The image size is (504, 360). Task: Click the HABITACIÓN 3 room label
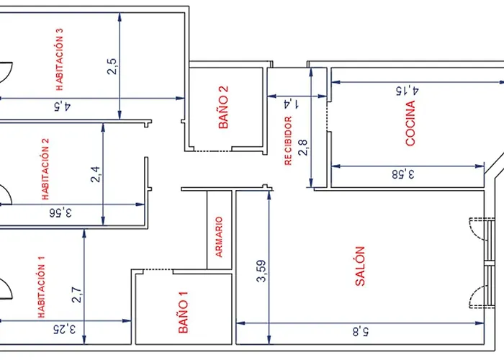point(60,60)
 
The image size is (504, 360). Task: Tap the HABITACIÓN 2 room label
point(45,169)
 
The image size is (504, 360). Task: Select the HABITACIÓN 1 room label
point(42,287)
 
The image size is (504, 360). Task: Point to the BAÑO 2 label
point(223,107)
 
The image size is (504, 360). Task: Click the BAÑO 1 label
point(183,312)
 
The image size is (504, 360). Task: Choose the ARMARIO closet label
point(219,237)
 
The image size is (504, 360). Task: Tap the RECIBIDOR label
point(288,141)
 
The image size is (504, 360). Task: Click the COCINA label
point(410,123)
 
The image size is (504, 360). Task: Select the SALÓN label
point(360,266)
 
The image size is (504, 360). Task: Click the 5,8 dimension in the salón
point(361,331)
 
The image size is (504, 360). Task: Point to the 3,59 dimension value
point(261,271)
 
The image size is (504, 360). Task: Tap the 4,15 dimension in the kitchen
point(408,90)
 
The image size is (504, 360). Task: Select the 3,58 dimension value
point(403,174)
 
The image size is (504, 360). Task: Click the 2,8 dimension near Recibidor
point(303,148)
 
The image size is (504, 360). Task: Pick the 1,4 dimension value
point(292,104)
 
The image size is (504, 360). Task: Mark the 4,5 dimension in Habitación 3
point(63,106)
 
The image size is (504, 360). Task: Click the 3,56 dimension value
point(60,212)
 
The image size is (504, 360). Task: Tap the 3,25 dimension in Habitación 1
point(65,329)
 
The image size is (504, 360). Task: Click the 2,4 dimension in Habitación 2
point(96,174)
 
